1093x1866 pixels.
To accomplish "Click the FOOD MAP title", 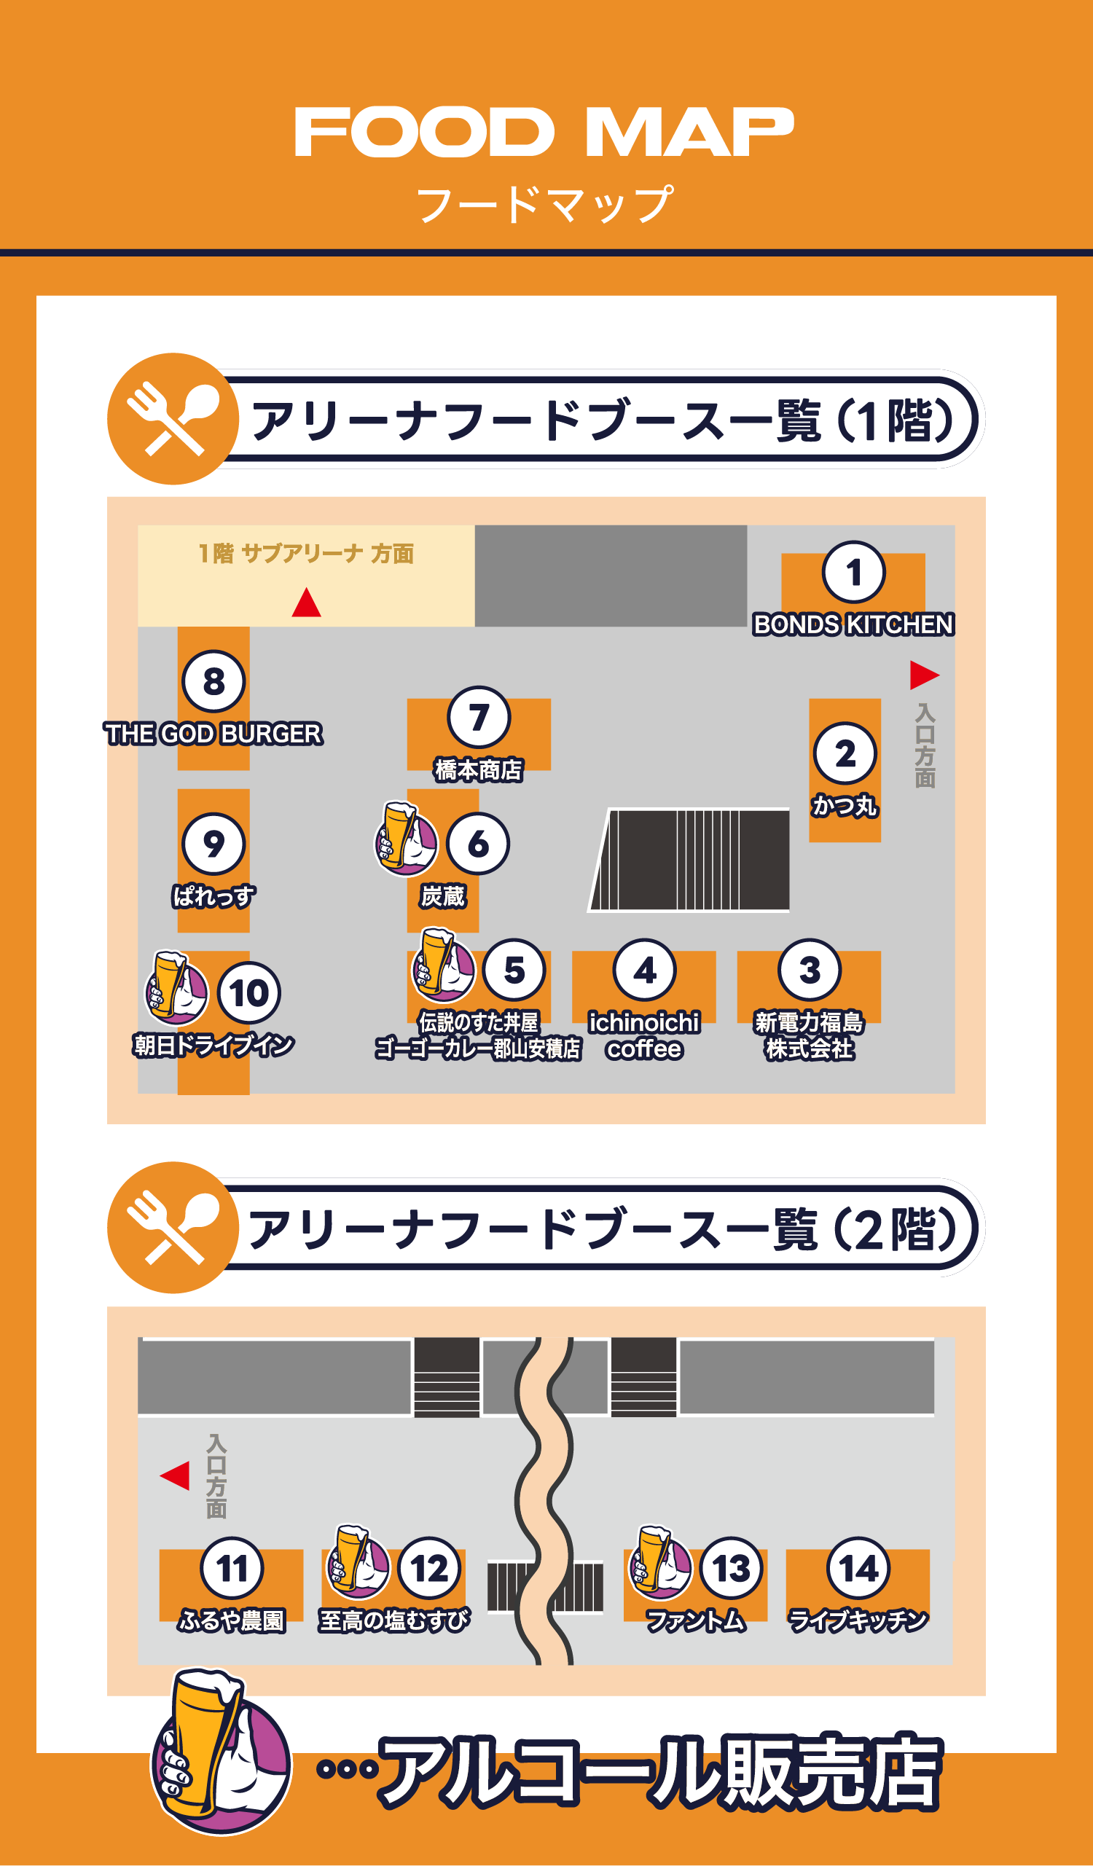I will pos(544,132).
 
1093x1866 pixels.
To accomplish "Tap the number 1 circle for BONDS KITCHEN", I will pos(853,572).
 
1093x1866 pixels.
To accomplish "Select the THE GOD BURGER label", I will pos(213,734).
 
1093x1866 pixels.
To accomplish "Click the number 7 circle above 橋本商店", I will pos(479,717).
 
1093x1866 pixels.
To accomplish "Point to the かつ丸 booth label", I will pos(845,805).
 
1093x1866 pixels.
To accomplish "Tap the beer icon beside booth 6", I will pos(405,839).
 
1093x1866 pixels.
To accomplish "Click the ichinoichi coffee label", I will pos(643,1035).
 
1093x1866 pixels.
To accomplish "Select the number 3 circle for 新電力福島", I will pos(810,969).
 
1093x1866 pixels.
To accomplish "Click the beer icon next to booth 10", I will pos(176,988).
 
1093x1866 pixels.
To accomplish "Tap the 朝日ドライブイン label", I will pos(213,1045).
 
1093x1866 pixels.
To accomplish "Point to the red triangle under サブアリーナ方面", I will pos(306,603).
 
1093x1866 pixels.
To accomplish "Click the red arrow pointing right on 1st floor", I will pos(923,675).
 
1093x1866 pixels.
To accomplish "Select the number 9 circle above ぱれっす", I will pos(213,843).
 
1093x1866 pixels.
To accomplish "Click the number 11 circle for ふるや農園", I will pos(231,1567).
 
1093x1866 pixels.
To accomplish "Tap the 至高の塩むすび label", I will pos(393,1620).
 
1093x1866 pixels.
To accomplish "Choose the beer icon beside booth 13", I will pos(659,1561).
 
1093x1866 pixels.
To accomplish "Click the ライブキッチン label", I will pos(858,1620).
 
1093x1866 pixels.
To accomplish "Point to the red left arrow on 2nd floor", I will pos(176,1475).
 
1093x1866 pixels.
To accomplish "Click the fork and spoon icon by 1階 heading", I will pos(173,418).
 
